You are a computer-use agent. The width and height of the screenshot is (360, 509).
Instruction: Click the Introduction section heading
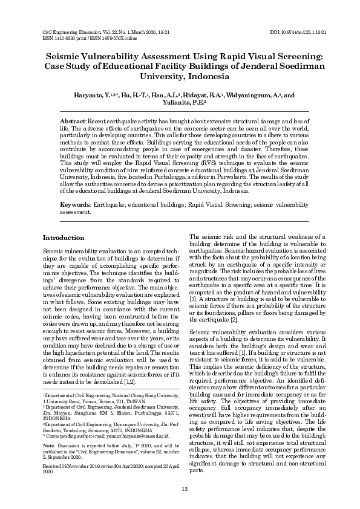point(64,238)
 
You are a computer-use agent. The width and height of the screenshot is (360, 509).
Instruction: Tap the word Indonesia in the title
point(210,77)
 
